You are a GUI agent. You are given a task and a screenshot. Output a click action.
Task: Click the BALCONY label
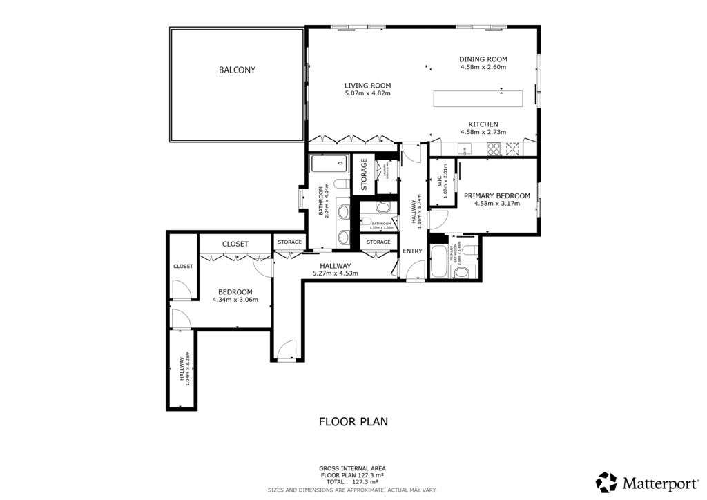237,70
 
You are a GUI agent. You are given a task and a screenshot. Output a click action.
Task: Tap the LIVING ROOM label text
367,86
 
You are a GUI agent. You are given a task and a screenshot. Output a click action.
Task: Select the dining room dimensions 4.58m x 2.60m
483,68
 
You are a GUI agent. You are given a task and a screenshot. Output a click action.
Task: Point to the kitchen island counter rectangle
477,98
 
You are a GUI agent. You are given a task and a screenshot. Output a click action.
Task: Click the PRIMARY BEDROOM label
496,195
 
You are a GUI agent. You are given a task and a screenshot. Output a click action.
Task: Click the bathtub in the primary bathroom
439,261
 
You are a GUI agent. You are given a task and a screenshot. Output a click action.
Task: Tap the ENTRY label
412,251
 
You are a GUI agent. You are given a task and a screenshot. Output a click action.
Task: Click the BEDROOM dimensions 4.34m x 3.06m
235,300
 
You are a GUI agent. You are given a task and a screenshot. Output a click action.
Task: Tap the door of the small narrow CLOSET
181,290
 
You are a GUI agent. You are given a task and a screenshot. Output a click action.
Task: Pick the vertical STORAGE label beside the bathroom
363,175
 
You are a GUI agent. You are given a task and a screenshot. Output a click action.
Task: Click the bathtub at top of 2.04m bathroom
328,164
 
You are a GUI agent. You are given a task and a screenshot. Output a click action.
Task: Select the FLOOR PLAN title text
353,421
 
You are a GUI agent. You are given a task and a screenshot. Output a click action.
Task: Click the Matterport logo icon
606,481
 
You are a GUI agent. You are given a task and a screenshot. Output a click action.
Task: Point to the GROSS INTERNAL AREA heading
353,468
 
